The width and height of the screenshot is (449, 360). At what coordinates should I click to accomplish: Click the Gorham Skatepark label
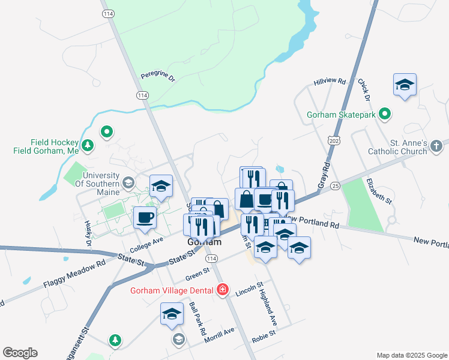(x=341, y=114)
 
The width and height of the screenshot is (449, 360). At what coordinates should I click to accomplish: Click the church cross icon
(x=437, y=145)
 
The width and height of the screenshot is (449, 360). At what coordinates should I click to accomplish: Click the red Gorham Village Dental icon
(x=223, y=290)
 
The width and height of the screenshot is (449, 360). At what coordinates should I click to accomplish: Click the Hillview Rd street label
(x=330, y=81)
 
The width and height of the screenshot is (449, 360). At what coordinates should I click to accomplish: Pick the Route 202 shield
(x=335, y=140)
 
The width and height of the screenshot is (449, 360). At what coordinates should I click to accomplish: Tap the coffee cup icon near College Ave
(x=145, y=218)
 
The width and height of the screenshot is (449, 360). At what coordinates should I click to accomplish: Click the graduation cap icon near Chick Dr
(x=405, y=85)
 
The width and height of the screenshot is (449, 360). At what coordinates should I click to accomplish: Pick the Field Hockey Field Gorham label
(x=46, y=146)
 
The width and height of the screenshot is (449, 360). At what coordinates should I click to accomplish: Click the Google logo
(x=20, y=353)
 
